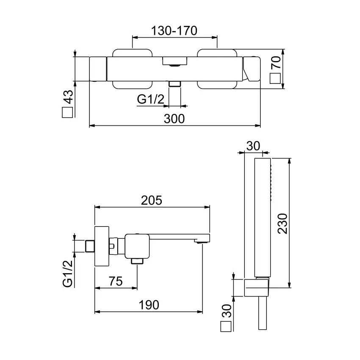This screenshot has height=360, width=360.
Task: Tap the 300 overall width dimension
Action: click(x=174, y=119)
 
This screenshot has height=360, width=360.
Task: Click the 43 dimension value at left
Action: click(x=68, y=98)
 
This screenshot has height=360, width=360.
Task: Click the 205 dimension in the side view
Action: click(x=152, y=200)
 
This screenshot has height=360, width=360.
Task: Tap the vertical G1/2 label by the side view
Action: click(x=67, y=274)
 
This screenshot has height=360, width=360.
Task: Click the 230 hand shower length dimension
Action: click(x=282, y=224)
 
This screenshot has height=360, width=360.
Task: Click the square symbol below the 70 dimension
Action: click(x=276, y=79)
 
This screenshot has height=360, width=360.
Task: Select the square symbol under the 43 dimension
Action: click(x=68, y=113)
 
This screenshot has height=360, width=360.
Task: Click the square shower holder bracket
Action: click(x=257, y=288)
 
